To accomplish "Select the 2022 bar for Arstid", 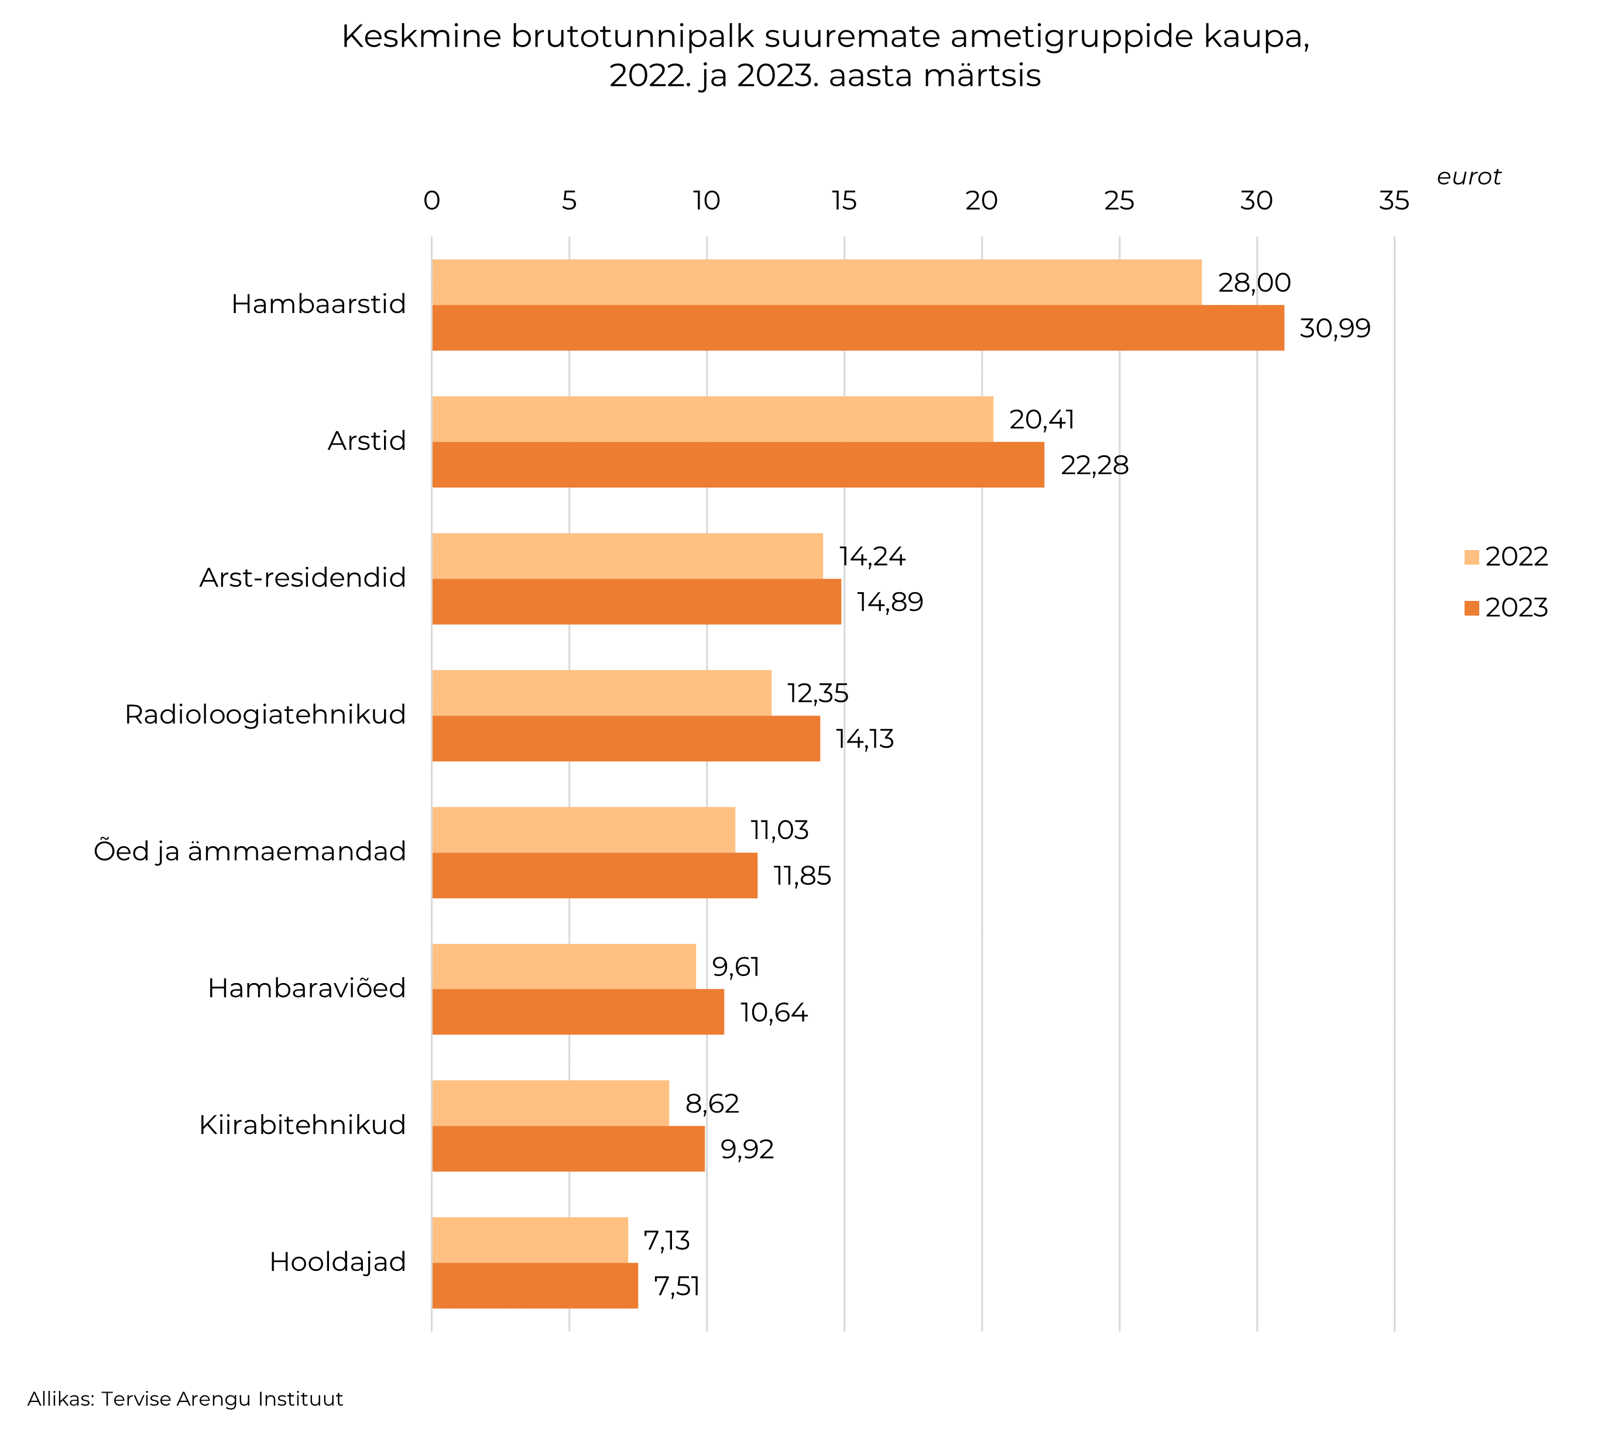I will (x=712, y=419).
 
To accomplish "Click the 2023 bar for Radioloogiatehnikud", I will (x=626, y=738).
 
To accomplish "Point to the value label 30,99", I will (x=1334, y=328).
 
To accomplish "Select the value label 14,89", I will (x=889, y=602).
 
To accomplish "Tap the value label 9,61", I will (x=735, y=967).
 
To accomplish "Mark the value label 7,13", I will (x=666, y=1241).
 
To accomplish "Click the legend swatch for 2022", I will (x=1471, y=557).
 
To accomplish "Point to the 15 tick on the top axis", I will (x=844, y=201).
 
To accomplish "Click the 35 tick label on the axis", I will (x=1394, y=201).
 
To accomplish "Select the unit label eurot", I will (x=1468, y=177).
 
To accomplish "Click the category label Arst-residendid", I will (x=302, y=578).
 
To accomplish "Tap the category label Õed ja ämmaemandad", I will (x=249, y=851).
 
